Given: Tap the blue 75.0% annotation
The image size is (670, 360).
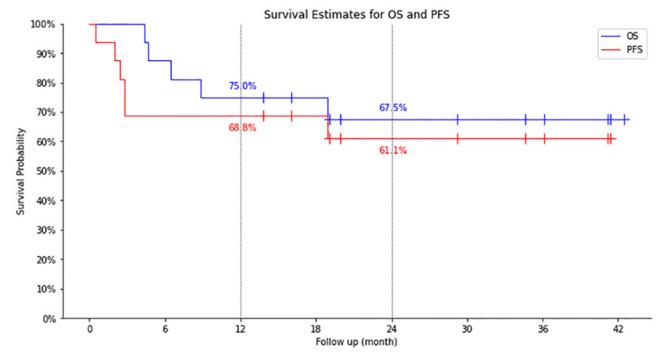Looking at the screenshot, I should point(242,86).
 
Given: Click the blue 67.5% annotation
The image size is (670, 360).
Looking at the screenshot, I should point(393,108).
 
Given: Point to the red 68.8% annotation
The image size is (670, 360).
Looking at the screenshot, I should point(242,127).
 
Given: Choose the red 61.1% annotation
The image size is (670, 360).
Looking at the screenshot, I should point(393,150).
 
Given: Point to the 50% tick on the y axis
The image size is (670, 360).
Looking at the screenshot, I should point(46,172).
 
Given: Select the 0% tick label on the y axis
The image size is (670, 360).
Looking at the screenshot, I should point(48,319).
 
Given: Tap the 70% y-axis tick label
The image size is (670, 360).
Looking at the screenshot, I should point(46,112).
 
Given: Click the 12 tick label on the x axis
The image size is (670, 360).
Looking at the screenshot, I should point(240,330).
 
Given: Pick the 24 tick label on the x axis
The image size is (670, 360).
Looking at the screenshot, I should point(392,330).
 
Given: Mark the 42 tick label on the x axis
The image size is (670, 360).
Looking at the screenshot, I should point(618,330).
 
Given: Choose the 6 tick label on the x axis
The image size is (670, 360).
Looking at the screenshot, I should point(165,330).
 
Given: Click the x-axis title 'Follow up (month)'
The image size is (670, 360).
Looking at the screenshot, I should point(356,343).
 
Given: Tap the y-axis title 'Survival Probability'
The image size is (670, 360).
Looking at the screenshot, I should point(18,172).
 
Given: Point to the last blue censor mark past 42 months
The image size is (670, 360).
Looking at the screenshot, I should point(624,119).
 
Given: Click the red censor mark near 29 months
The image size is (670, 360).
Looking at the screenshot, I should point(457,138).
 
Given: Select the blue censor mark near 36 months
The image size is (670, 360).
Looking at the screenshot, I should point(544,119).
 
